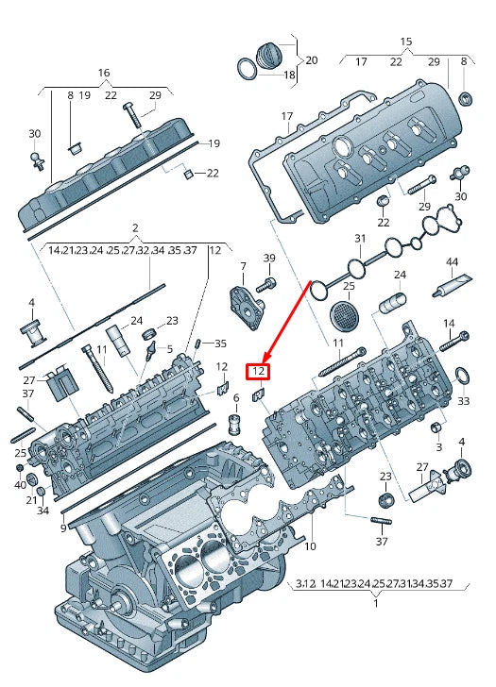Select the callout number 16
104,73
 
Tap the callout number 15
406,42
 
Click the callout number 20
311,59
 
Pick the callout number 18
289,75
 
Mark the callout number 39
269,259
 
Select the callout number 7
242,267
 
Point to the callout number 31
359,238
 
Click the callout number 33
463,401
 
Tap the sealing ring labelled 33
463,377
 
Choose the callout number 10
310,546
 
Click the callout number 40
20,484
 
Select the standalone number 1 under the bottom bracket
376,603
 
